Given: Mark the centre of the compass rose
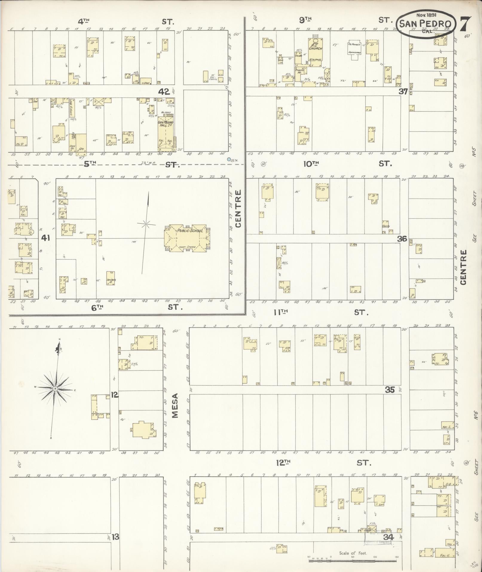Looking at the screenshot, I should pyautogui.click(x=55, y=388).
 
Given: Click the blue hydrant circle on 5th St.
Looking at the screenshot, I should pyautogui.click(x=229, y=160).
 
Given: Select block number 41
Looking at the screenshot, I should pyautogui.click(x=46, y=238).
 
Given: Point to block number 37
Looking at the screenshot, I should pyautogui.click(x=403, y=91).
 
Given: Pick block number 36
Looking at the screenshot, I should pyautogui.click(x=402, y=239).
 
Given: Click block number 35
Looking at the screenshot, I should pyautogui.click(x=390, y=390).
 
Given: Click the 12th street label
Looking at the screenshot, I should pyautogui.click(x=283, y=463).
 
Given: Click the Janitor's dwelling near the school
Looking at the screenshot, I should pyautogui.click(x=111, y=278).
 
